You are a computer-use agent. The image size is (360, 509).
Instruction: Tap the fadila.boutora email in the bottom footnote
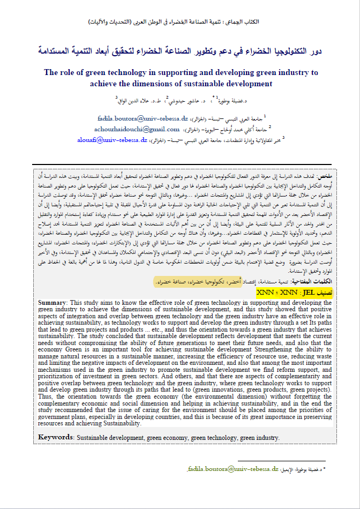233,468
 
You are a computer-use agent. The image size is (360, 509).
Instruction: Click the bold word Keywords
56,437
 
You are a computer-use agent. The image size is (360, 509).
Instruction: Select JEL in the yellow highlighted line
307,293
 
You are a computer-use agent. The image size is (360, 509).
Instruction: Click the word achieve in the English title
105,84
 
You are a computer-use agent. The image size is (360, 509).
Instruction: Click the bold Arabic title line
179,51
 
